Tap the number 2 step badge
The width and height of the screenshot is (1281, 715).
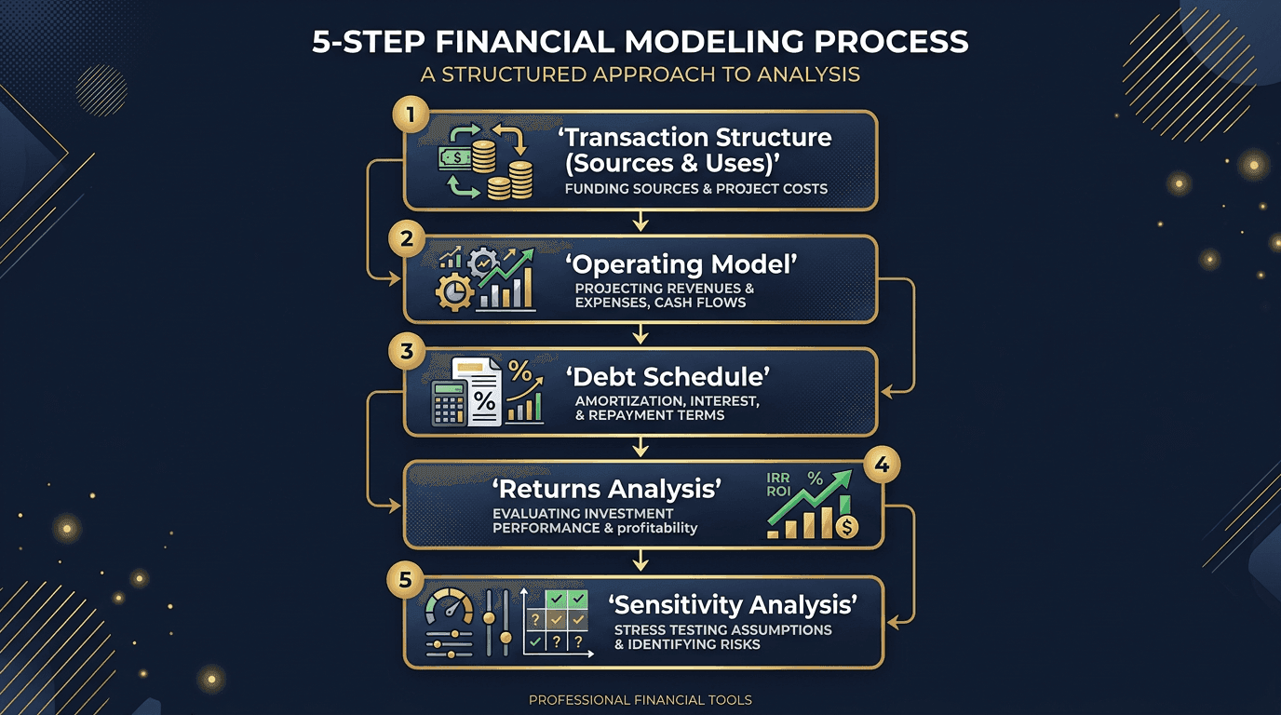click(406, 238)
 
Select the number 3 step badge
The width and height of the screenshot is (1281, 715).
click(406, 354)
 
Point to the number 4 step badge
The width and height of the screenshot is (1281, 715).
click(880, 464)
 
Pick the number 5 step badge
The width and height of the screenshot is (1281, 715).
click(404, 580)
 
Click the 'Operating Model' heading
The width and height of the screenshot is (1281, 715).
click(681, 265)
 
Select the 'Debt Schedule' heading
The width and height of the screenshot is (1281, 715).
click(667, 378)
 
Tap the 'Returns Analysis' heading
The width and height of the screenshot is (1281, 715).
click(607, 489)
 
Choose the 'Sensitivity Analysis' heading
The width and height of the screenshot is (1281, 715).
click(733, 605)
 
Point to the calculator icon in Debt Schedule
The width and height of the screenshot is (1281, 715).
click(449, 402)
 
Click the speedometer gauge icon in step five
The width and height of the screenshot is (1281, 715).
click(449, 610)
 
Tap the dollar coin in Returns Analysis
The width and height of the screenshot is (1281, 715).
click(845, 527)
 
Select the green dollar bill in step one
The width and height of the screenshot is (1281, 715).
click(456, 158)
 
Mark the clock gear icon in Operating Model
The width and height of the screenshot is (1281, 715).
click(453, 293)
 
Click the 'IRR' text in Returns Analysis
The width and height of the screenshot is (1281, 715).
click(778, 479)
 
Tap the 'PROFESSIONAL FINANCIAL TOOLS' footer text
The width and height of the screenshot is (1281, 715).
click(640, 699)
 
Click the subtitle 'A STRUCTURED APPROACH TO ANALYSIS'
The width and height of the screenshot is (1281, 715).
click(640, 74)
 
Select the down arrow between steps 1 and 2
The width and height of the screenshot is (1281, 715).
click(640, 221)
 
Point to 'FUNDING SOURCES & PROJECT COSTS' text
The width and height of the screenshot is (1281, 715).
click(695, 189)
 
